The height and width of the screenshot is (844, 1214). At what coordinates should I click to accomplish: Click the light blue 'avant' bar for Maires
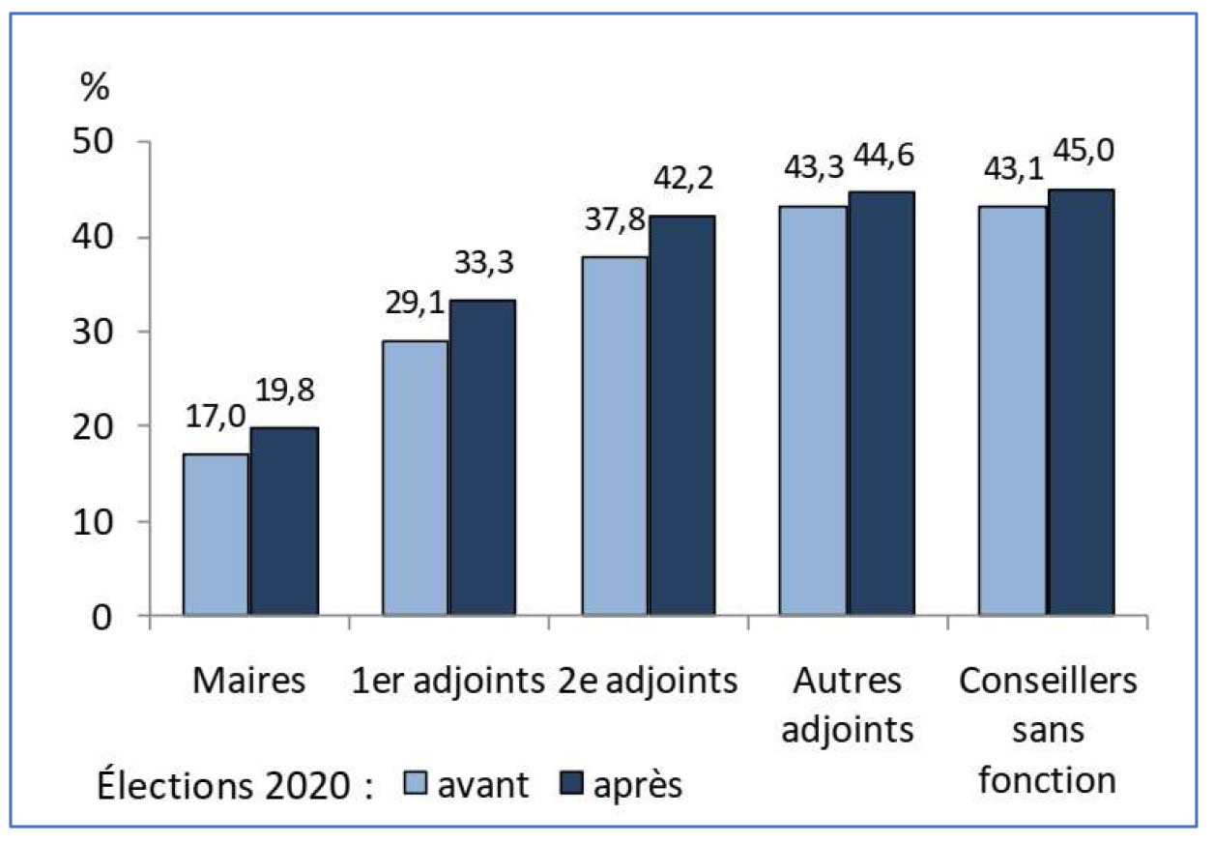pos(216,534)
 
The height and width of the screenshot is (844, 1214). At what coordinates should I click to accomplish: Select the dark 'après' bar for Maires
pos(284,521)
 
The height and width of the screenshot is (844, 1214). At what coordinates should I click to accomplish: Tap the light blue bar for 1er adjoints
pos(416,478)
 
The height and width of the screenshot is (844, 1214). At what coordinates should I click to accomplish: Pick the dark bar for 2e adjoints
pos(681,415)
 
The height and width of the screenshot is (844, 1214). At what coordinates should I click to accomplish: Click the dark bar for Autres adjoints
pos(882,403)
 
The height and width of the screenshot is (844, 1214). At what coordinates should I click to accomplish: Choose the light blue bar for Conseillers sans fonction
pos(1012,410)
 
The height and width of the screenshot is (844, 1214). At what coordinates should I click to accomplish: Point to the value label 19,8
pos(284,391)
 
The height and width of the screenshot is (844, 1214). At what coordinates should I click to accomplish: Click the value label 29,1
pos(415,303)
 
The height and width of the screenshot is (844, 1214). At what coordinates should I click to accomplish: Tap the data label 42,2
pos(683,178)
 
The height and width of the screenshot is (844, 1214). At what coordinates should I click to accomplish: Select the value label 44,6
pos(884,155)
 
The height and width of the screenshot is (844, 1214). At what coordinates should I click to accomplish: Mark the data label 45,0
pos(1084,151)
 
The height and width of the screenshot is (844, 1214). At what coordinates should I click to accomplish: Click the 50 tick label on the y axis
pos(93,142)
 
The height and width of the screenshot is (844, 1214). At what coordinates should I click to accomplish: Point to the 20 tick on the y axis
pos(93,427)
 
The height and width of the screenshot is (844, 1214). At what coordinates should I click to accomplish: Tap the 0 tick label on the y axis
pos(102,618)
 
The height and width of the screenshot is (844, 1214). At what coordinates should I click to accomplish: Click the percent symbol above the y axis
pos(95,86)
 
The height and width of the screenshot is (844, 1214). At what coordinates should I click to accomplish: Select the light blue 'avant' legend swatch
pos(416,783)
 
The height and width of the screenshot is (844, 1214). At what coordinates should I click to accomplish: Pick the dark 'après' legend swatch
pos(571,783)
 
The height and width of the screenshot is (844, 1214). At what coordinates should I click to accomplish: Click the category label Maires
pos(248,681)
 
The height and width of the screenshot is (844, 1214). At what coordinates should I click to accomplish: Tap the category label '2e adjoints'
pos(648,682)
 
